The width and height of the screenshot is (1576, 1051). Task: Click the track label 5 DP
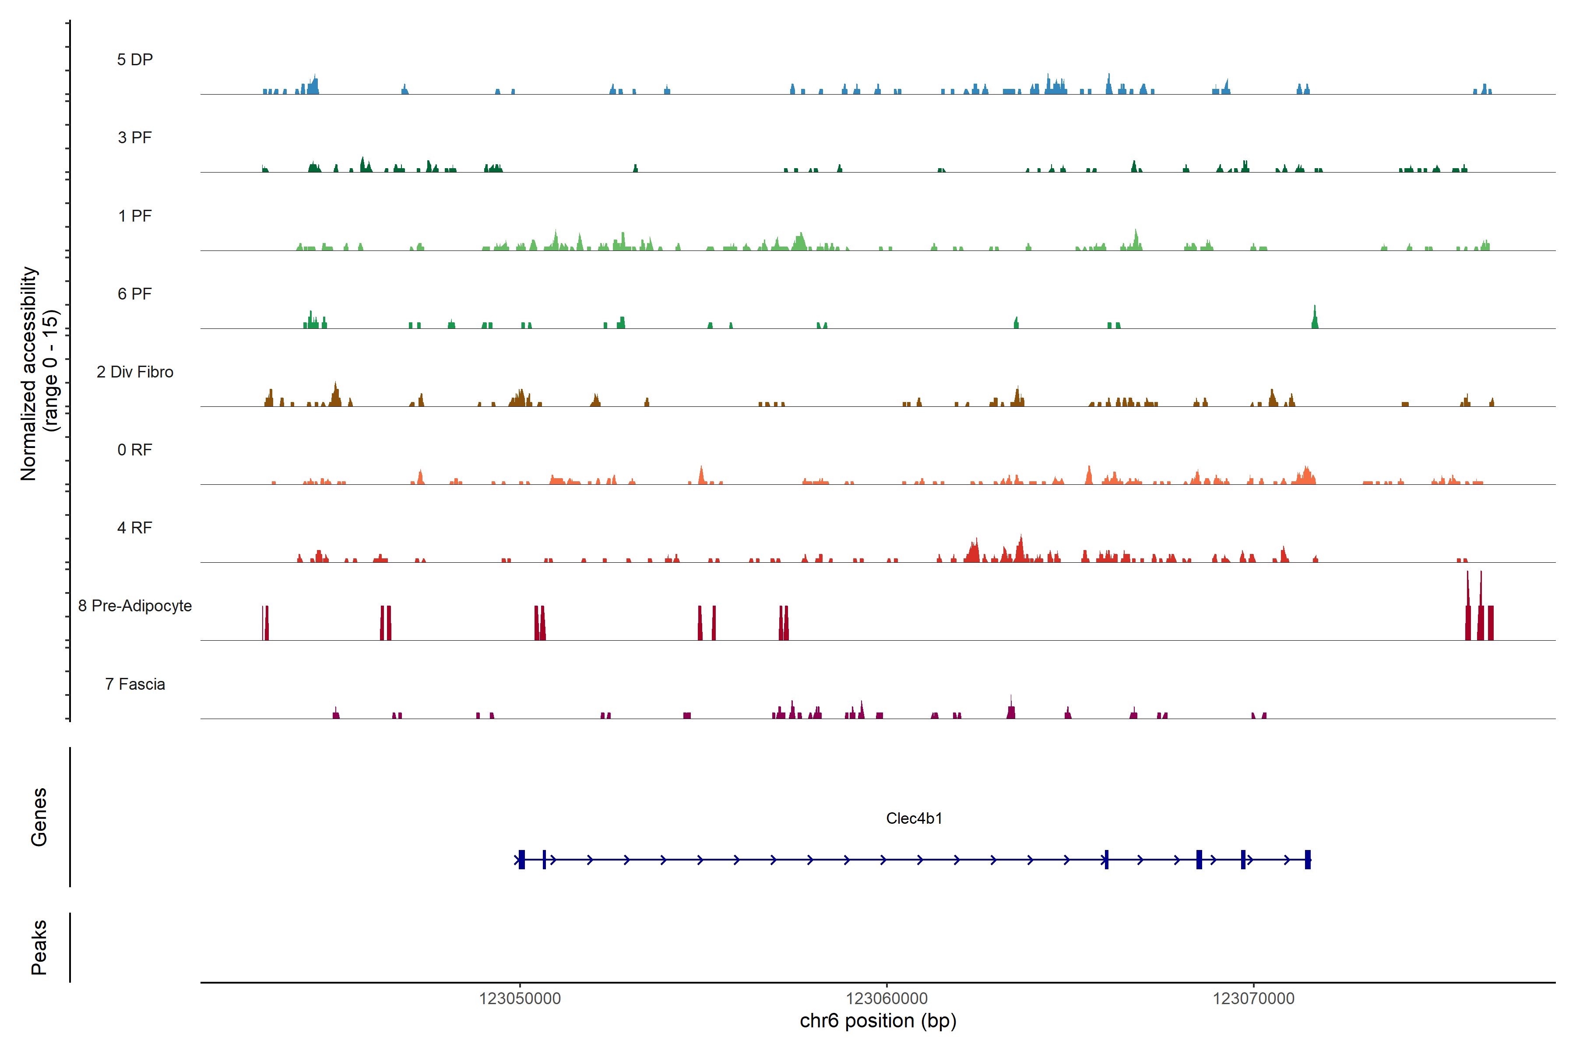point(135,60)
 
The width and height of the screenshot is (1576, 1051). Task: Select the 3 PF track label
point(135,138)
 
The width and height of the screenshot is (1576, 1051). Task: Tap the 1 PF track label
point(135,216)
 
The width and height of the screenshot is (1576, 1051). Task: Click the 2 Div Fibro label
point(135,372)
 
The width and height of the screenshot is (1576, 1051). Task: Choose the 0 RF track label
point(135,450)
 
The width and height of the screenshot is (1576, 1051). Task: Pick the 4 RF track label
point(135,528)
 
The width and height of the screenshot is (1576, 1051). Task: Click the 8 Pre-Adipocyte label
point(135,606)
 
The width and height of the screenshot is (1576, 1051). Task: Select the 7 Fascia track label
point(135,684)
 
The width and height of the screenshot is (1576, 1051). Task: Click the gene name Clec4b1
point(914,818)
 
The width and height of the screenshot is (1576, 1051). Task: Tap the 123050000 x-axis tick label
point(520,999)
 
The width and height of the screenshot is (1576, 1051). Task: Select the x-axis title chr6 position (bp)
point(878,1021)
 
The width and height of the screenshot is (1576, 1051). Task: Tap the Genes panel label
point(39,817)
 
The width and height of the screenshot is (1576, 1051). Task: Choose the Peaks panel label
point(39,947)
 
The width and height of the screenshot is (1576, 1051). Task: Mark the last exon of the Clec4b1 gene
point(1307,859)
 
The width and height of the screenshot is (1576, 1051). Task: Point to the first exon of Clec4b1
point(522,859)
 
